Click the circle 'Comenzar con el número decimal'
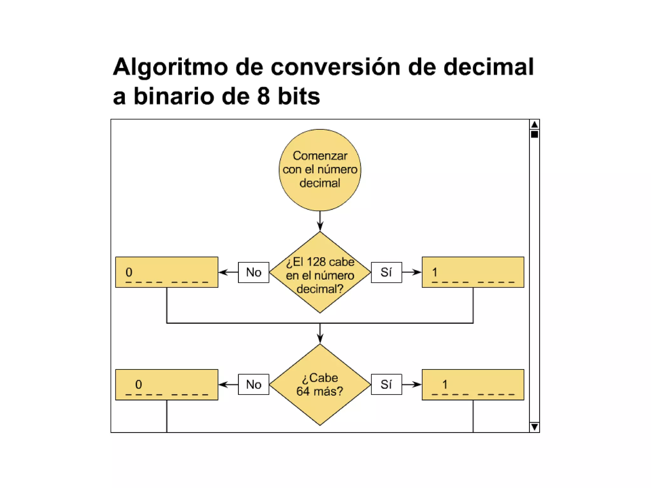[x=320, y=170]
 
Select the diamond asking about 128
[x=320, y=273]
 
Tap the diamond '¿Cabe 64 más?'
[x=320, y=384]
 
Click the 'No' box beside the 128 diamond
[x=253, y=272]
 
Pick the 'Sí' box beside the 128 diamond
[x=386, y=272]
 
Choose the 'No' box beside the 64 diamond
[x=253, y=384]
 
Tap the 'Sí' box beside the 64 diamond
[x=386, y=384]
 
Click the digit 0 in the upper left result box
[x=129, y=272]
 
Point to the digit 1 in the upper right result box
[x=435, y=272]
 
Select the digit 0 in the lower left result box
[x=139, y=384]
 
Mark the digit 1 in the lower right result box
[x=445, y=384]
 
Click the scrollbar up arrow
[x=534, y=124]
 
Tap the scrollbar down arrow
[x=534, y=426]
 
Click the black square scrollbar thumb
[x=534, y=134]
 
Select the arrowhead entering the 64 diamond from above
[x=320, y=339]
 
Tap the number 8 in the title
[x=263, y=96]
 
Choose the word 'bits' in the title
[x=299, y=96]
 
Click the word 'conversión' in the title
[x=335, y=67]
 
